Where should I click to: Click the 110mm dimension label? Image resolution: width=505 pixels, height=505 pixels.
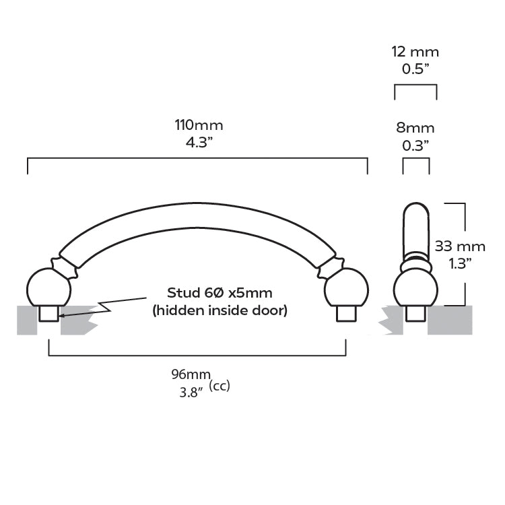coord(199,125)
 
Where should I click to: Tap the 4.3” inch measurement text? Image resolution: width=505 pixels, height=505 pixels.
coord(199,142)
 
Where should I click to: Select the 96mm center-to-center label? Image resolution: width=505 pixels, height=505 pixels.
coord(191,374)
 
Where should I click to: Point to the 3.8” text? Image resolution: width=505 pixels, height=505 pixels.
coord(191,393)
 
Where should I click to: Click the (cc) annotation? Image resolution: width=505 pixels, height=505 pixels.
coord(220,386)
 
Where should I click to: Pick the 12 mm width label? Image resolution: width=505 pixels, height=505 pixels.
coord(415,52)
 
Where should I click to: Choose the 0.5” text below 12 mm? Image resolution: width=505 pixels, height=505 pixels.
coord(415,69)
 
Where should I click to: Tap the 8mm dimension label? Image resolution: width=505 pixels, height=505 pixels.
coord(415,128)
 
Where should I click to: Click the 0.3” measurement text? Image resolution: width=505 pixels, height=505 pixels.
coord(415,145)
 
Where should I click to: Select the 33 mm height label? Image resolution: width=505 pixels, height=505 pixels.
coord(460,246)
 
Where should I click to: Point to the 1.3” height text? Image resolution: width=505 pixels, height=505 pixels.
coord(461,264)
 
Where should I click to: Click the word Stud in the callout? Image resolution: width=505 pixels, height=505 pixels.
coord(183,293)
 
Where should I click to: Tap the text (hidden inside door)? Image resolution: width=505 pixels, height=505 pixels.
coord(220,310)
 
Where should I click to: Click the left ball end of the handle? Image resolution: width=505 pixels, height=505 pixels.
coord(48,288)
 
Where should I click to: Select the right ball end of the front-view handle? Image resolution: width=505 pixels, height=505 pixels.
coord(346,288)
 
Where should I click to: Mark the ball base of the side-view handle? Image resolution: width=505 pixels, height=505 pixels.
coord(415,288)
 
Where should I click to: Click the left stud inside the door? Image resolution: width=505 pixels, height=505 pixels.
coord(49,314)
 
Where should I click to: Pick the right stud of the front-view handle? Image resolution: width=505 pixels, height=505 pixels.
coord(346,314)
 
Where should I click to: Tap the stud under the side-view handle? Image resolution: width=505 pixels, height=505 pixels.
coord(415,314)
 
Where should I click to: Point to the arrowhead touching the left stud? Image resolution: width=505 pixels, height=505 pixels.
coord(62,316)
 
